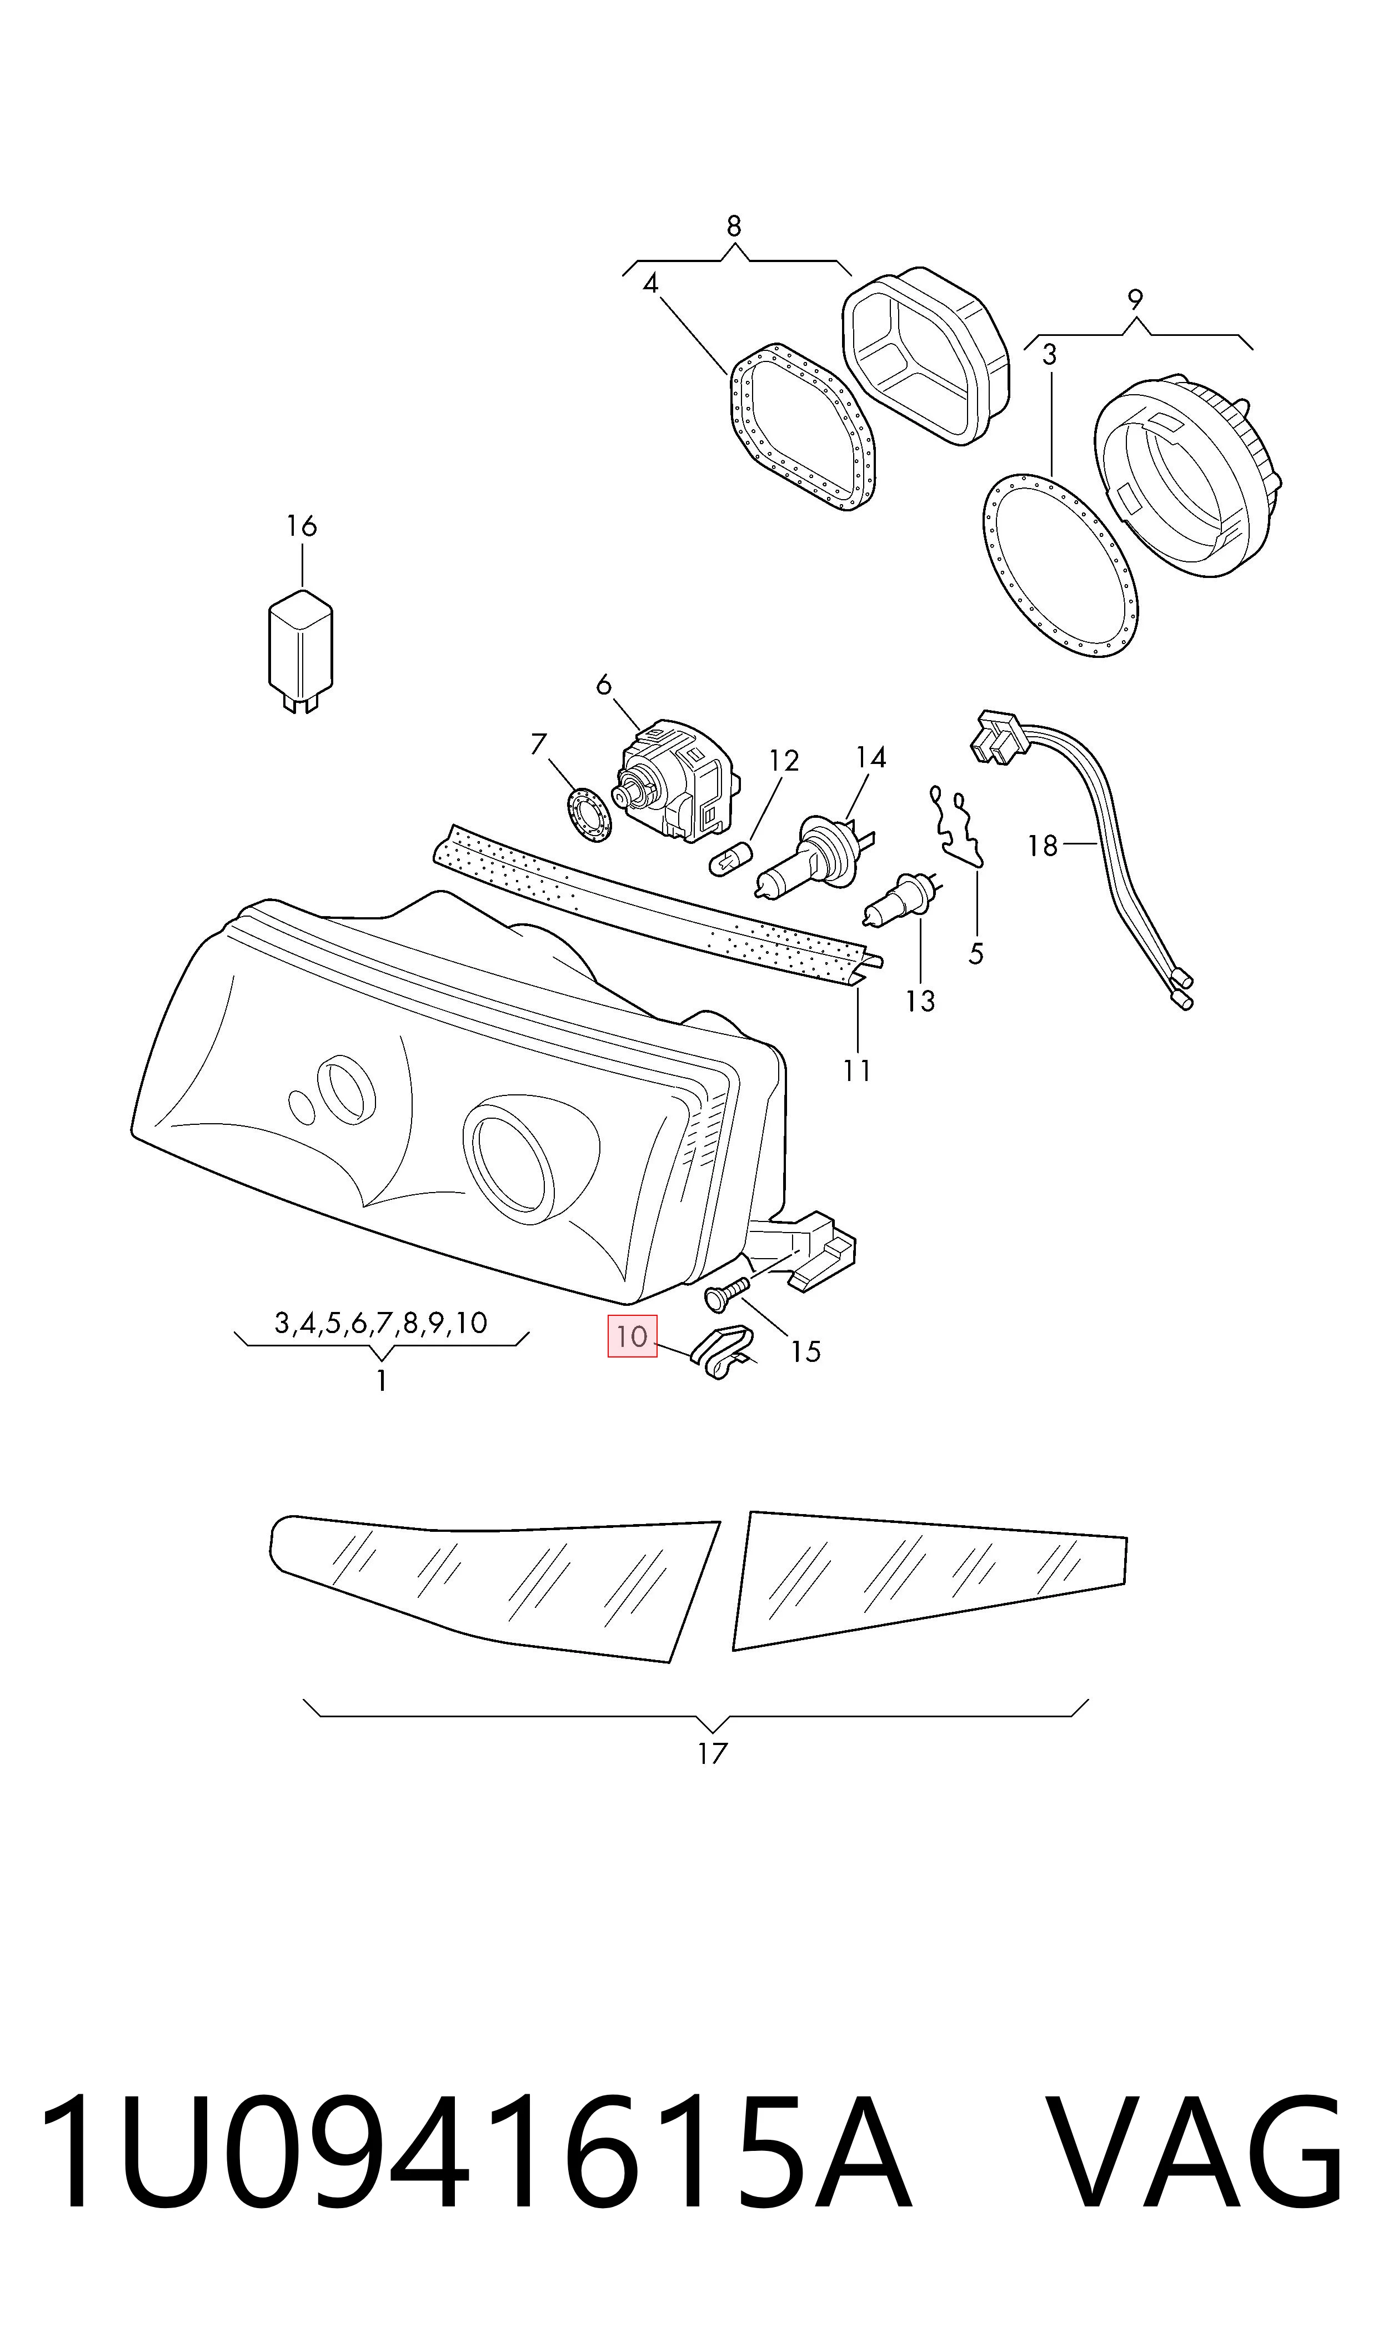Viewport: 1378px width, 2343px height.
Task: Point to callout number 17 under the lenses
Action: tap(712, 1753)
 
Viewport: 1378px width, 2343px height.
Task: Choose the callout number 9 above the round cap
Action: tap(1135, 299)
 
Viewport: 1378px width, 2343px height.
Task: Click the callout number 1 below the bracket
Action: tap(381, 1381)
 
